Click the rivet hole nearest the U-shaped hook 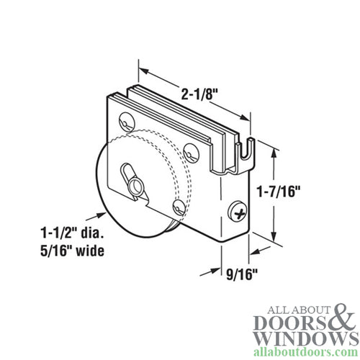tap(192, 151)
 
